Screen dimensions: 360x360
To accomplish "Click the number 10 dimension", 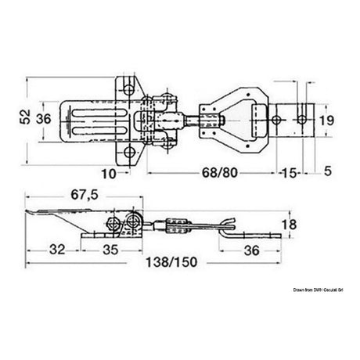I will point(109,171).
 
